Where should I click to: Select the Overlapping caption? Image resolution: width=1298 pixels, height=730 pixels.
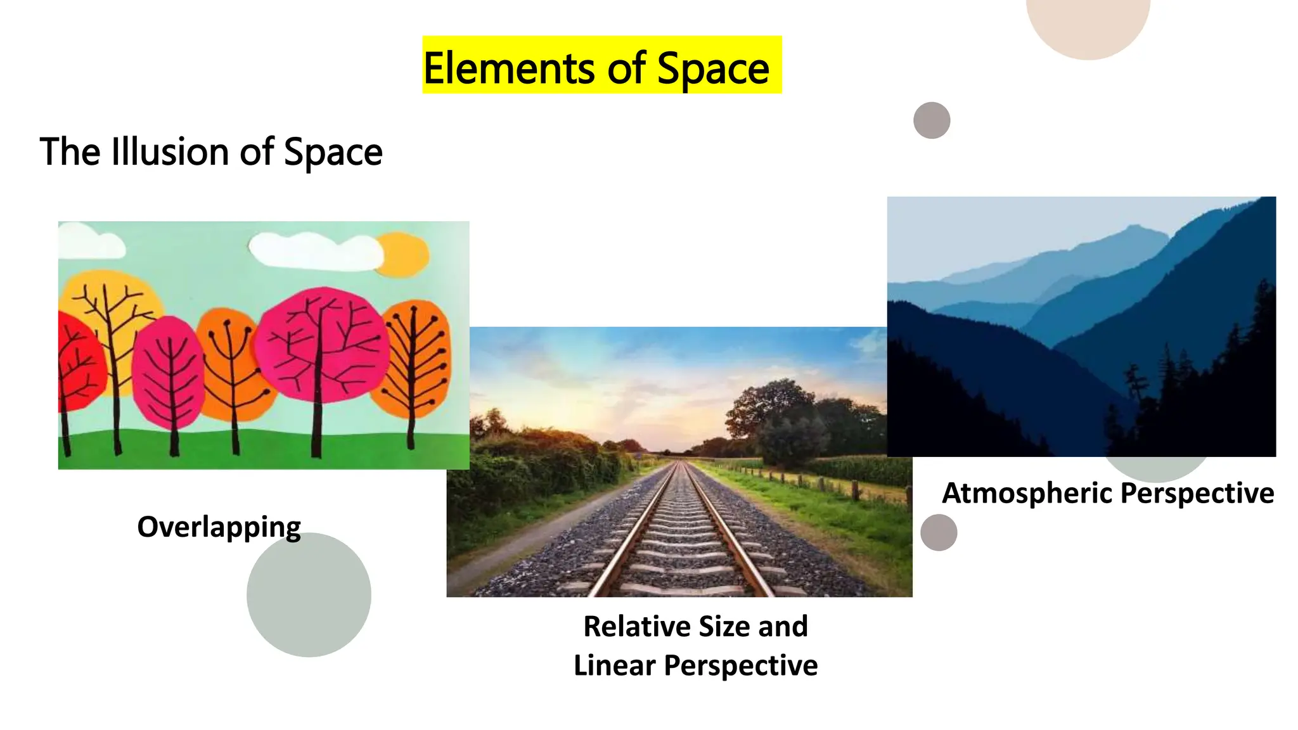pyautogui.click(x=219, y=527)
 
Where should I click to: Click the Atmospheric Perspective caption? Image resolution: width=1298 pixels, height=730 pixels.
pyautogui.click(x=1108, y=493)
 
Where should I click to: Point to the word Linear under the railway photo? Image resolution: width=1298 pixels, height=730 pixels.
pyautogui.click(x=614, y=665)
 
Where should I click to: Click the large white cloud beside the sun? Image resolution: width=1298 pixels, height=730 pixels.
pyautogui.click(x=314, y=251)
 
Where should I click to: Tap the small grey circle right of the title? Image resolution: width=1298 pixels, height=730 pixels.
pyautogui.click(x=932, y=120)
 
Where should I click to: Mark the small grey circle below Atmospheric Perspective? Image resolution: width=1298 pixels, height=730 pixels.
pyautogui.click(x=939, y=532)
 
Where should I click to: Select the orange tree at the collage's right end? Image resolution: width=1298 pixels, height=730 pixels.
pyautogui.click(x=415, y=358)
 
